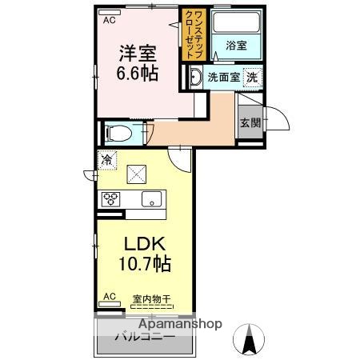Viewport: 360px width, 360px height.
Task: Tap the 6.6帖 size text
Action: tap(137, 74)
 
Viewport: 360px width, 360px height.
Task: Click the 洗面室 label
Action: tap(222, 78)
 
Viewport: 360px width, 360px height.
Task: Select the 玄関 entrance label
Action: tap(250, 122)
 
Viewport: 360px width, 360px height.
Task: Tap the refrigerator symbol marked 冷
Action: tap(107, 160)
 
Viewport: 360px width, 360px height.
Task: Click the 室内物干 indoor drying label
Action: tap(151, 300)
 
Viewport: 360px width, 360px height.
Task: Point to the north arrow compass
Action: tap(250, 340)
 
